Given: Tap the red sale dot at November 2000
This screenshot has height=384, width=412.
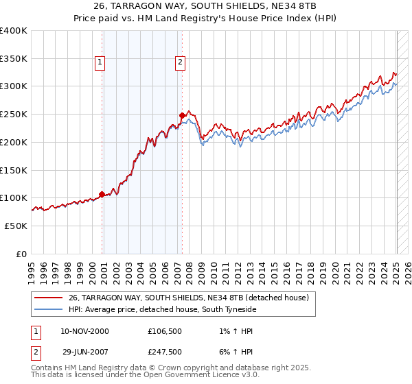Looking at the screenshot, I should pos(102,194).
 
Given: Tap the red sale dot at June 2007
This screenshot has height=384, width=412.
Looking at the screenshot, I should pos(183,116).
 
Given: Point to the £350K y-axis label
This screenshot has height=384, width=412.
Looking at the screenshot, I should pos(14,59).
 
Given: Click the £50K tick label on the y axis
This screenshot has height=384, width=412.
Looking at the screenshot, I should pos(16,226).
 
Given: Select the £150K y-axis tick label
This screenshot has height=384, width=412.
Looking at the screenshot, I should pos(14,170).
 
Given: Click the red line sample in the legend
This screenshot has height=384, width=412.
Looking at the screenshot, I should pos(48,298).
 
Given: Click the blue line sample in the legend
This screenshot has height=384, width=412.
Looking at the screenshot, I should pos(48,310).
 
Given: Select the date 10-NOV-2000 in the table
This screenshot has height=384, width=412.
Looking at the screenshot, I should pos(84,331).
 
